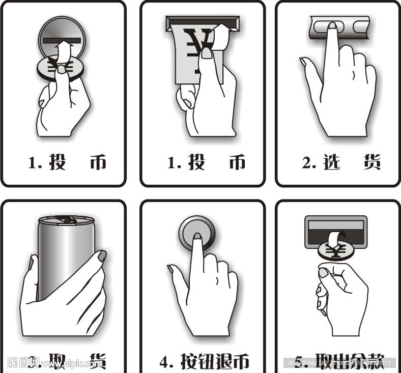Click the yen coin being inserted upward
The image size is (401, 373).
point(56,68)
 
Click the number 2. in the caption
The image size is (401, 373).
point(309,163)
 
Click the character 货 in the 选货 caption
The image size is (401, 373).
point(372,162)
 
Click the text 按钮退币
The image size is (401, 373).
point(215,362)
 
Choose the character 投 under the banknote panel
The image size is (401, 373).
point(197,162)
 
